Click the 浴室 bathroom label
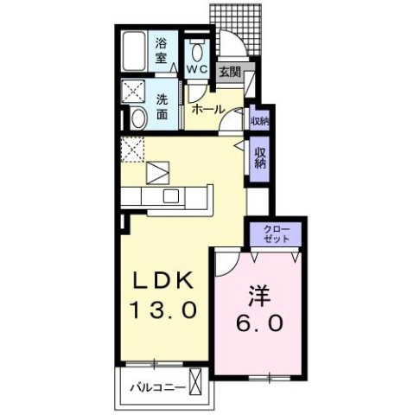(161, 49)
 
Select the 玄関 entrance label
(228, 73)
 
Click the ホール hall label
(207, 110)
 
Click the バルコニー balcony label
(157, 386)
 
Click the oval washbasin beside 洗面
(138, 118)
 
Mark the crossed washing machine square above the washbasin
(137, 91)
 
